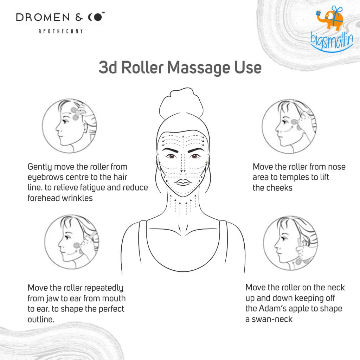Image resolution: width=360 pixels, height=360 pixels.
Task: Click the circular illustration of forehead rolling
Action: point(71,126)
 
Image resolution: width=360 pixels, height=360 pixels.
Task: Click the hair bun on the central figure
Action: point(180,106)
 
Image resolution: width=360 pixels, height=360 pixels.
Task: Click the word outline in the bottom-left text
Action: point(41,320)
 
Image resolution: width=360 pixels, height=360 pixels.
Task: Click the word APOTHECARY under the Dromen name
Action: point(60,31)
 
